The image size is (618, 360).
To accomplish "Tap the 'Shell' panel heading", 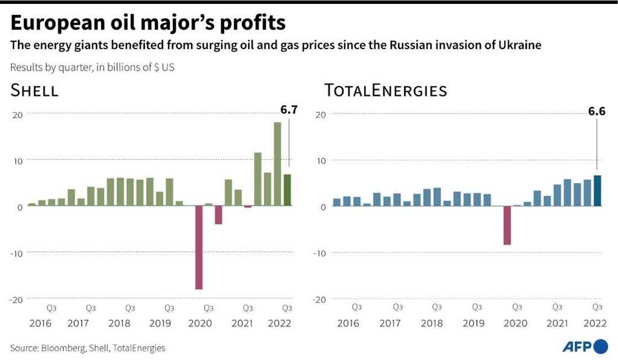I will point(35,91).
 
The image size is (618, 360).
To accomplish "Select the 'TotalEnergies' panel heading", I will point(386,91).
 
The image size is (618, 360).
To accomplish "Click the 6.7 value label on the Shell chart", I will point(289,110).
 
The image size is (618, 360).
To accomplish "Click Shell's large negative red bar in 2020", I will point(198,247).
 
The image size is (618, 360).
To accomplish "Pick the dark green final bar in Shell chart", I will point(287,190).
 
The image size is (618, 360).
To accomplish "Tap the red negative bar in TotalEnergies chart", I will point(507,225).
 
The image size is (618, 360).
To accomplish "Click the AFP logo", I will point(584,347).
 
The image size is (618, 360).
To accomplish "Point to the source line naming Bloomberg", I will point(87,348).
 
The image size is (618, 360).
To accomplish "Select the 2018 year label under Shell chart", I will point(119,324).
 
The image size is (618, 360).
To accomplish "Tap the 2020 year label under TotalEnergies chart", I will point(516,324).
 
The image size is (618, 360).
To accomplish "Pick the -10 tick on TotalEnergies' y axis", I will point(319,253).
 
